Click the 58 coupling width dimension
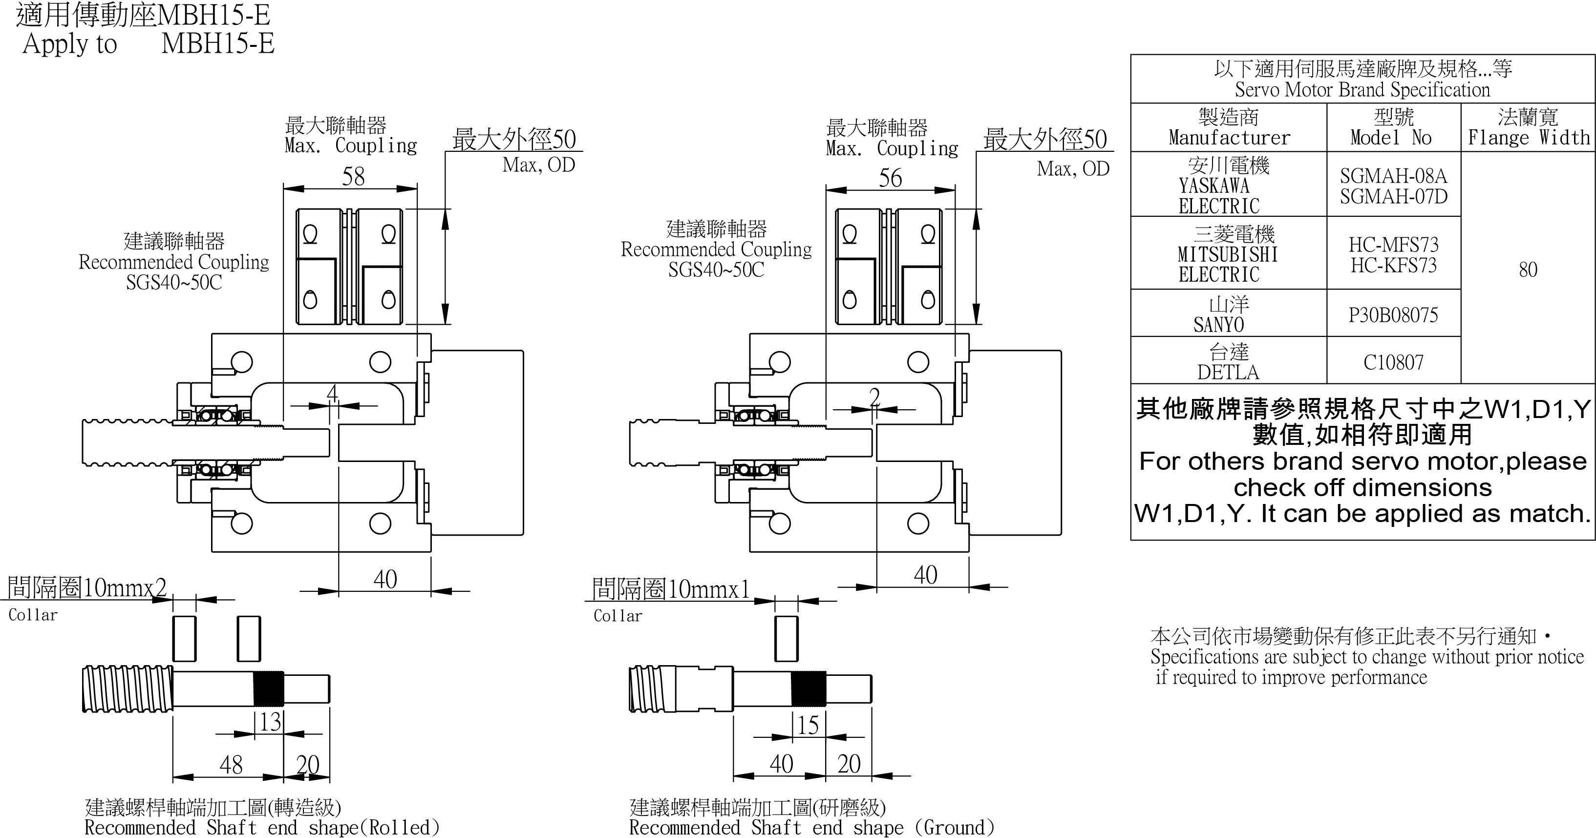tap(353, 177)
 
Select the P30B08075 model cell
tap(1393, 314)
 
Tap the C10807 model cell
tap(1393, 362)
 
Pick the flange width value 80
tap(1528, 270)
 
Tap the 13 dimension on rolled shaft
tap(270, 722)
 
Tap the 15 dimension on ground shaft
tap(808, 725)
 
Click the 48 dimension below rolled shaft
tap(231, 765)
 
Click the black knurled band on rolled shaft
tap(269, 689)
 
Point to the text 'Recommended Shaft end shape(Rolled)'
tap(261, 827)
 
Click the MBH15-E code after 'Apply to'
tap(217, 44)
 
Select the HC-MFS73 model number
tap(1393, 245)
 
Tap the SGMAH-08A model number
tap(1393, 176)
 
